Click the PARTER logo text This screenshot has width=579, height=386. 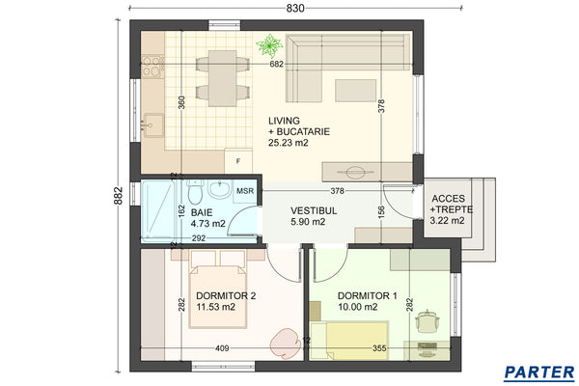pyautogui.click(x=539, y=372)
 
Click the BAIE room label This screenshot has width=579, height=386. pyautogui.click(x=201, y=211)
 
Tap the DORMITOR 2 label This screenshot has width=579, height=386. pyautogui.click(x=225, y=296)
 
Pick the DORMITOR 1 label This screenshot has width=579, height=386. pyautogui.click(x=367, y=296)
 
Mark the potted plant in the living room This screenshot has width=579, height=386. pyautogui.click(x=269, y=44)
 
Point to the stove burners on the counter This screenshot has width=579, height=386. pyautogui.click(x=152, y=66)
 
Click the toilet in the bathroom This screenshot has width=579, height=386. pyautogui.click(x=220, y=192)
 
